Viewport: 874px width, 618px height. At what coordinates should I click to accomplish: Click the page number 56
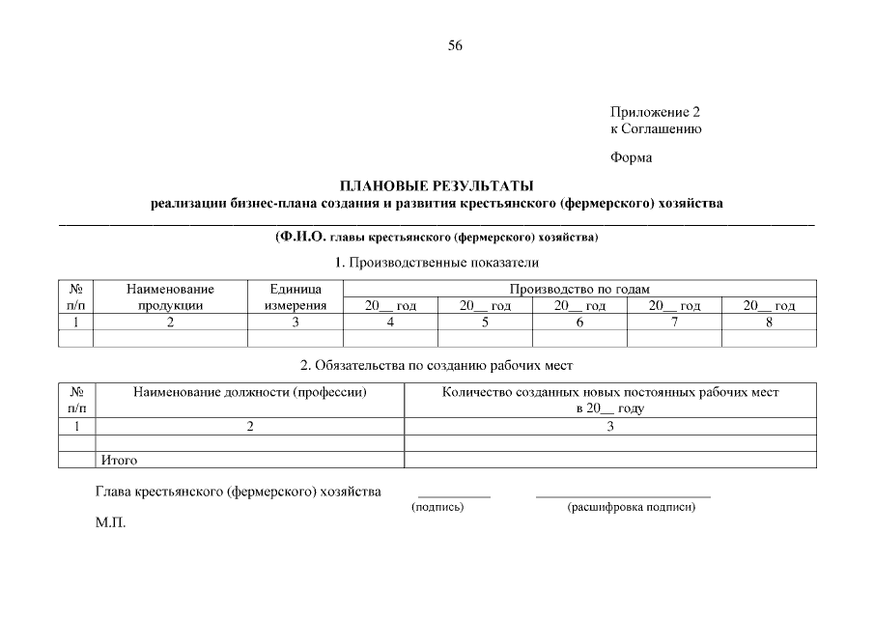pos(455,45)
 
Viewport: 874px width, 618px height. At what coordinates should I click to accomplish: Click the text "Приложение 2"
pos(655,112)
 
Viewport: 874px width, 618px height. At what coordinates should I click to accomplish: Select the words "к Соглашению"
pos(655,128)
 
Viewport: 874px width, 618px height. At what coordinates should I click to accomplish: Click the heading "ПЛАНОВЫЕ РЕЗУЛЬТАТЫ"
pos(436,185)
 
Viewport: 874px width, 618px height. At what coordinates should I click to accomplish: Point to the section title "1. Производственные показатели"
pos(437,263)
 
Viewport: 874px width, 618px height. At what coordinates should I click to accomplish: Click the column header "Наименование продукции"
pos(170,296)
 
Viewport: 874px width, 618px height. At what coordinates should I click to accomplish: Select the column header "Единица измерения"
pos(296,296)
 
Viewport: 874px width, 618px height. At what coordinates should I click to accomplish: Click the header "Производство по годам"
pos(579,288)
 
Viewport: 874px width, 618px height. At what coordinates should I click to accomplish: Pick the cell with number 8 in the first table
pos(769,323)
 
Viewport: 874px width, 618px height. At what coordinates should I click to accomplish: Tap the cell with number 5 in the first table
pos(485,323)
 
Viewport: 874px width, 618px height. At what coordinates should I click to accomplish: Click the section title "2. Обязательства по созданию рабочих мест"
pos(437,365)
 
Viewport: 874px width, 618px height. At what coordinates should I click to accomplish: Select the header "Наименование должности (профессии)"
pos(250,392)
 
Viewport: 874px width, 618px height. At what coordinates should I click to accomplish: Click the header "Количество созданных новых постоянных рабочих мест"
pos(609,392)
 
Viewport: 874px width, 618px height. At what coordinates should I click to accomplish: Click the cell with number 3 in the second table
pos(609,426)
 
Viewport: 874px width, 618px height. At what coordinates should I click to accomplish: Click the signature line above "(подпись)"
pos(454,496)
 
